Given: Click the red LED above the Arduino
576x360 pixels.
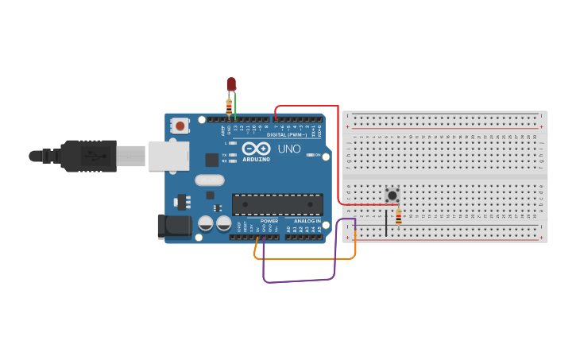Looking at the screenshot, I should tap(231, 83).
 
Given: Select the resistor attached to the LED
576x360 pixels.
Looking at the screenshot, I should tap(229, 106).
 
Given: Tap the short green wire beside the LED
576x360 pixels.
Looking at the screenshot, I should tap(235, 107).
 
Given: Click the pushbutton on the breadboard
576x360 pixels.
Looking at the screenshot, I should tap(392, 195).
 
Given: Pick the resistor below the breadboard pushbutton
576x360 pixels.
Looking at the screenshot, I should tap(398, 215).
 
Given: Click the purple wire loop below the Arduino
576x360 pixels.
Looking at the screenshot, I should tap(298, 280).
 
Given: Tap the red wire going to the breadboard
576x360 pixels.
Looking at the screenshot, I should tap(338, 151).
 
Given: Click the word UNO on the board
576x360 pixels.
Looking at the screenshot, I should tap(289, 149).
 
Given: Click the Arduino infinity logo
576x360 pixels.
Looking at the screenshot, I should tap(256, 149).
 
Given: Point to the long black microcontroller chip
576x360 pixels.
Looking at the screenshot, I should tap(277, 204).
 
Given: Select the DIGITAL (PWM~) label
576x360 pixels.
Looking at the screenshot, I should tap(287, 134).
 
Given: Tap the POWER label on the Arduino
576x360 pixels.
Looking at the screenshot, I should tap(269, 221).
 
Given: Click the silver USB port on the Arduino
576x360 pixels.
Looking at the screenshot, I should tap(169, 156).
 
